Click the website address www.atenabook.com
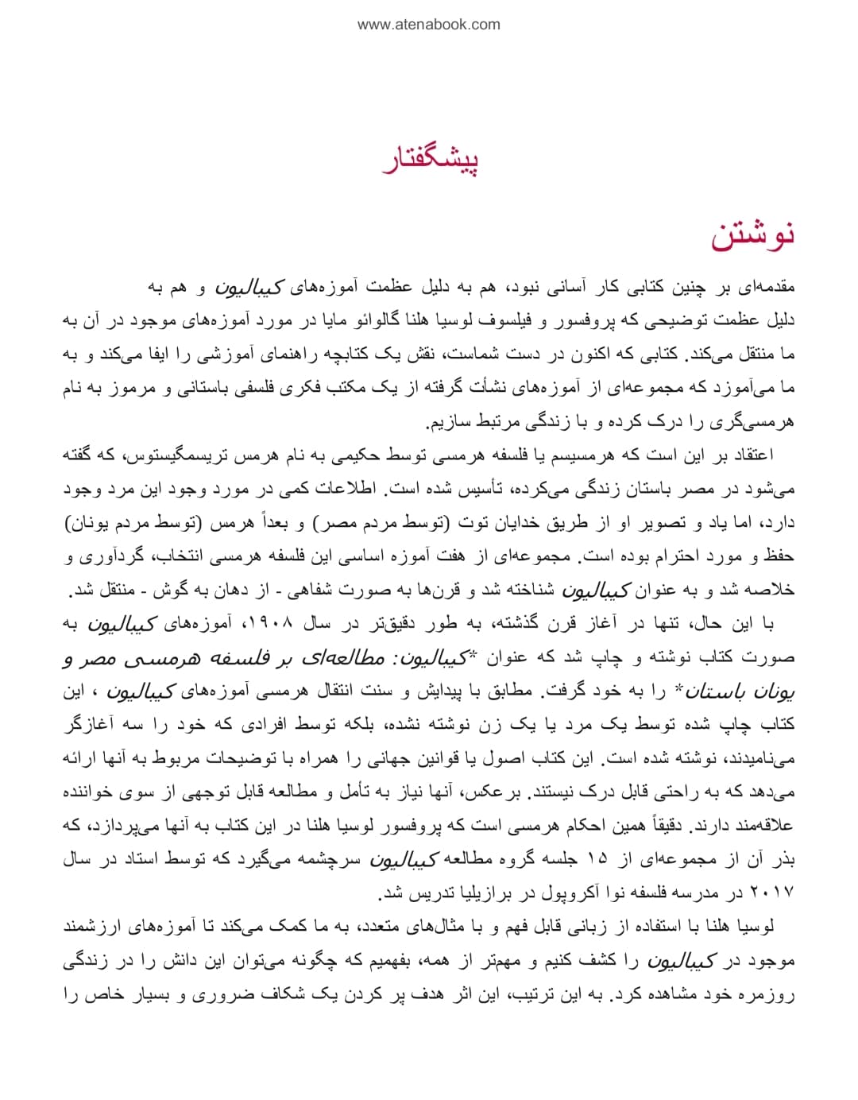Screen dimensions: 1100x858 (x=429, y=25)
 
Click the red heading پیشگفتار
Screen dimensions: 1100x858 (x=431, y=160)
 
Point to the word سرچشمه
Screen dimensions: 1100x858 (x=325, y=859)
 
